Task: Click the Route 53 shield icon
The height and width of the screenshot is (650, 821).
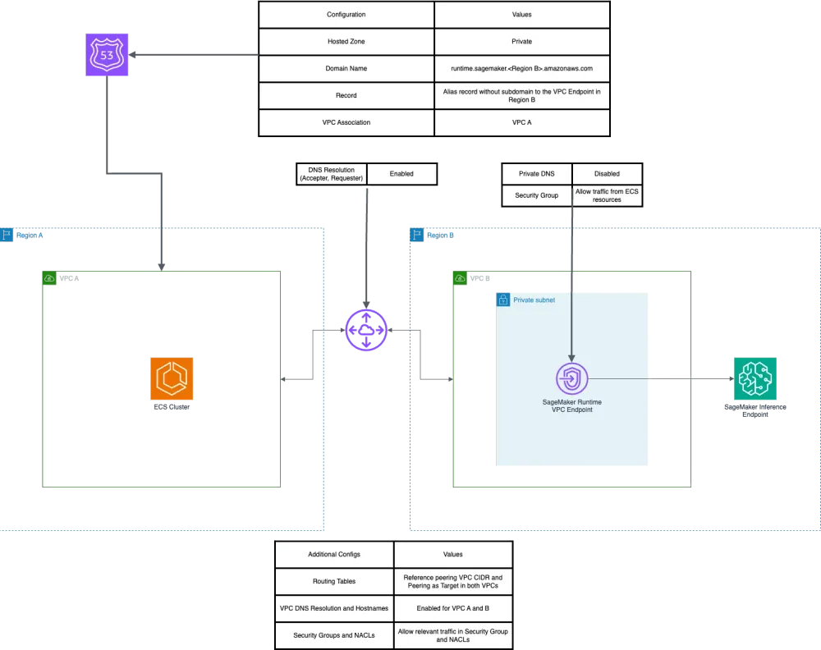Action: click(x=108, y=56)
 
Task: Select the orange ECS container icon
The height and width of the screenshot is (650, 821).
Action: click(x=172, y=378)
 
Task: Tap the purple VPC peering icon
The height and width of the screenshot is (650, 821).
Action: click(x=365, y=330)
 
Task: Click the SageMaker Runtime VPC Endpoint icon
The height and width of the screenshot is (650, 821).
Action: click(x=572, y=379)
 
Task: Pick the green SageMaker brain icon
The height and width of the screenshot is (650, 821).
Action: click(x=754, y=378)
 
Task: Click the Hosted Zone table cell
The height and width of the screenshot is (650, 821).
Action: click(x=346, y=41)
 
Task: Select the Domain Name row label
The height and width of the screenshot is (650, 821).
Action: click(x=346, y=68)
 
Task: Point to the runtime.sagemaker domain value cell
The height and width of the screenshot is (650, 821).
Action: click(x=521, y=68)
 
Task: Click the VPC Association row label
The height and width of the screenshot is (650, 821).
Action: click(x=346, y=122)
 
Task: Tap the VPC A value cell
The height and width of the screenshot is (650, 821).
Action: click(x=521, y=122)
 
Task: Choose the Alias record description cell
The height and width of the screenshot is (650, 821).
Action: click(x=521, y=95)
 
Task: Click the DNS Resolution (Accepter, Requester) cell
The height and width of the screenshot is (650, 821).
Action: click(x=330, y=174)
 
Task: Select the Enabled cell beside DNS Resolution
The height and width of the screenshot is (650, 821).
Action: click(x=401, y=174)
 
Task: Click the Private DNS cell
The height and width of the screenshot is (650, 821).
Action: click(x=535, y=174)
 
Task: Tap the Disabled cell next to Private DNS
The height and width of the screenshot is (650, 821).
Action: click(x=607, y=174)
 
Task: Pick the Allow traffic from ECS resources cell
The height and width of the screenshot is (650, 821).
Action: click(x=607, y=195)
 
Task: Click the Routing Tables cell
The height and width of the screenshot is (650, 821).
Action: click(x=334, y=581)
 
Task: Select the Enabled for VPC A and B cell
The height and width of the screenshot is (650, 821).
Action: click(x=452, y=608)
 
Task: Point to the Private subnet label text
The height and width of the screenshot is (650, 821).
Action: click(x=534, y=300)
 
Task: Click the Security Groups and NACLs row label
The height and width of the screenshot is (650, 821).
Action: click(x=334, y=635)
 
